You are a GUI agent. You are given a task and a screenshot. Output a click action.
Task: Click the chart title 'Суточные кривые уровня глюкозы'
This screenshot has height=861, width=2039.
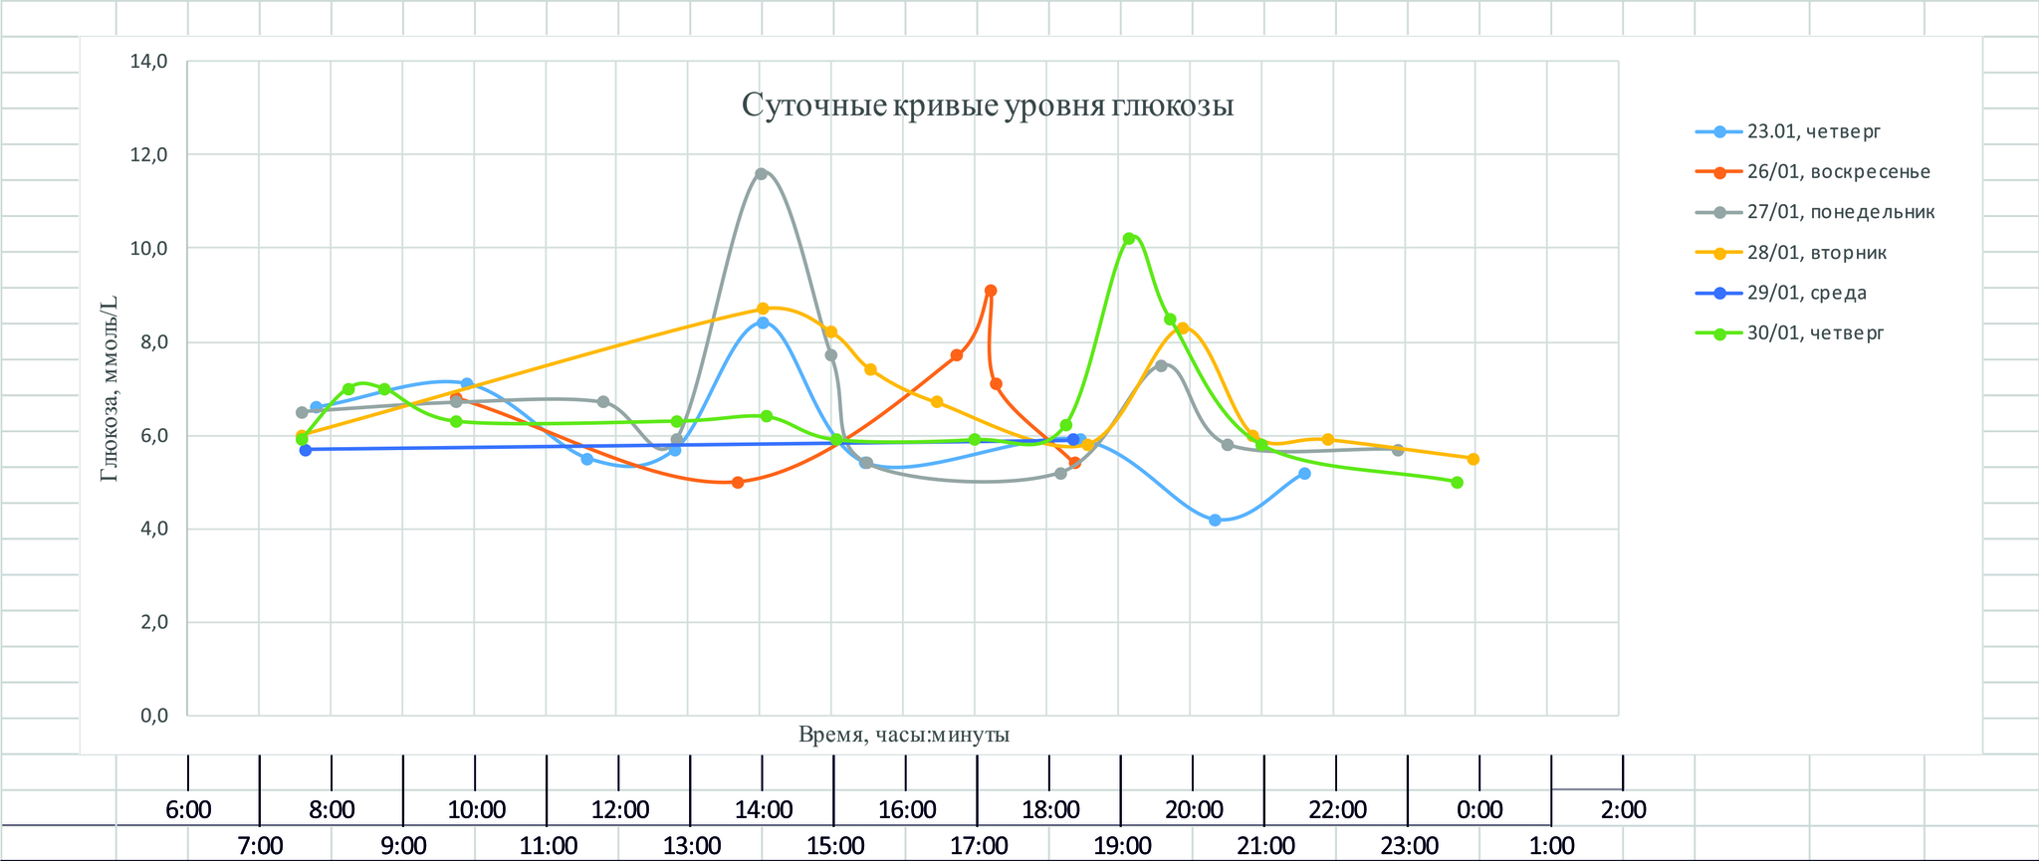click(988, 106)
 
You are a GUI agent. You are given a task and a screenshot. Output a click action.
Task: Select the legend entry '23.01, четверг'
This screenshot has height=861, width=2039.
click(1813, 131)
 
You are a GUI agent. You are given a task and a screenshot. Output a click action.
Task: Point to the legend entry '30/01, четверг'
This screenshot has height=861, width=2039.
click(1815, 333)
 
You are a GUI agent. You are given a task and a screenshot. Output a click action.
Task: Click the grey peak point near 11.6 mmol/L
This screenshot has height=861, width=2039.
click(761, 173)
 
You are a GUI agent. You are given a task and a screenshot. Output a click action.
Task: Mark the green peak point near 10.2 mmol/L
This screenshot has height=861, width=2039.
click(1128, 239)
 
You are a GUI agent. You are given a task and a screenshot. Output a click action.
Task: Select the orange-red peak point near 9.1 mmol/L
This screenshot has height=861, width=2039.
click(991, 291)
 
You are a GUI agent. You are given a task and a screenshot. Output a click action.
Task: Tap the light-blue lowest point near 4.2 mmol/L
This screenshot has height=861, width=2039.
click(1215, 521)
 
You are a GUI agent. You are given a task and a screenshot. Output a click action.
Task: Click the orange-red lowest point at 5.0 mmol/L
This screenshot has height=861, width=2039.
click(738, 483)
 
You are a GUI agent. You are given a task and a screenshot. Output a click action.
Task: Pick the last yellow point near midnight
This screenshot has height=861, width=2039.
click(1473, 459)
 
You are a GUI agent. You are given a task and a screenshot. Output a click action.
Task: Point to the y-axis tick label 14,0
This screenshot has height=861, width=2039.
click(148, 62)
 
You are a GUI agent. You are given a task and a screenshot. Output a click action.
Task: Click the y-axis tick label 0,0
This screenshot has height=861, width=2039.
click(148, 716)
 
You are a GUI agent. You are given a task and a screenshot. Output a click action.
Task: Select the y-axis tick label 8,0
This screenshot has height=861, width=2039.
click(148, 342)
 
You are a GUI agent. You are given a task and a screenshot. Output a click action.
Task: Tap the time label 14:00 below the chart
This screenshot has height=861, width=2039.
click(764, 809)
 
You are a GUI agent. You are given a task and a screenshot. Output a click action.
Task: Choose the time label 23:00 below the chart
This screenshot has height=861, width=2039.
click(1410, 846)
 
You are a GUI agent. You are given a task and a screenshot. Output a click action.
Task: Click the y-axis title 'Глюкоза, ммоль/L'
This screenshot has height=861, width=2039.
click(110, 389)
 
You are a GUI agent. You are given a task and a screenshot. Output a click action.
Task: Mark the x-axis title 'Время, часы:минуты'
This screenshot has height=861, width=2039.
click(904, 735)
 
